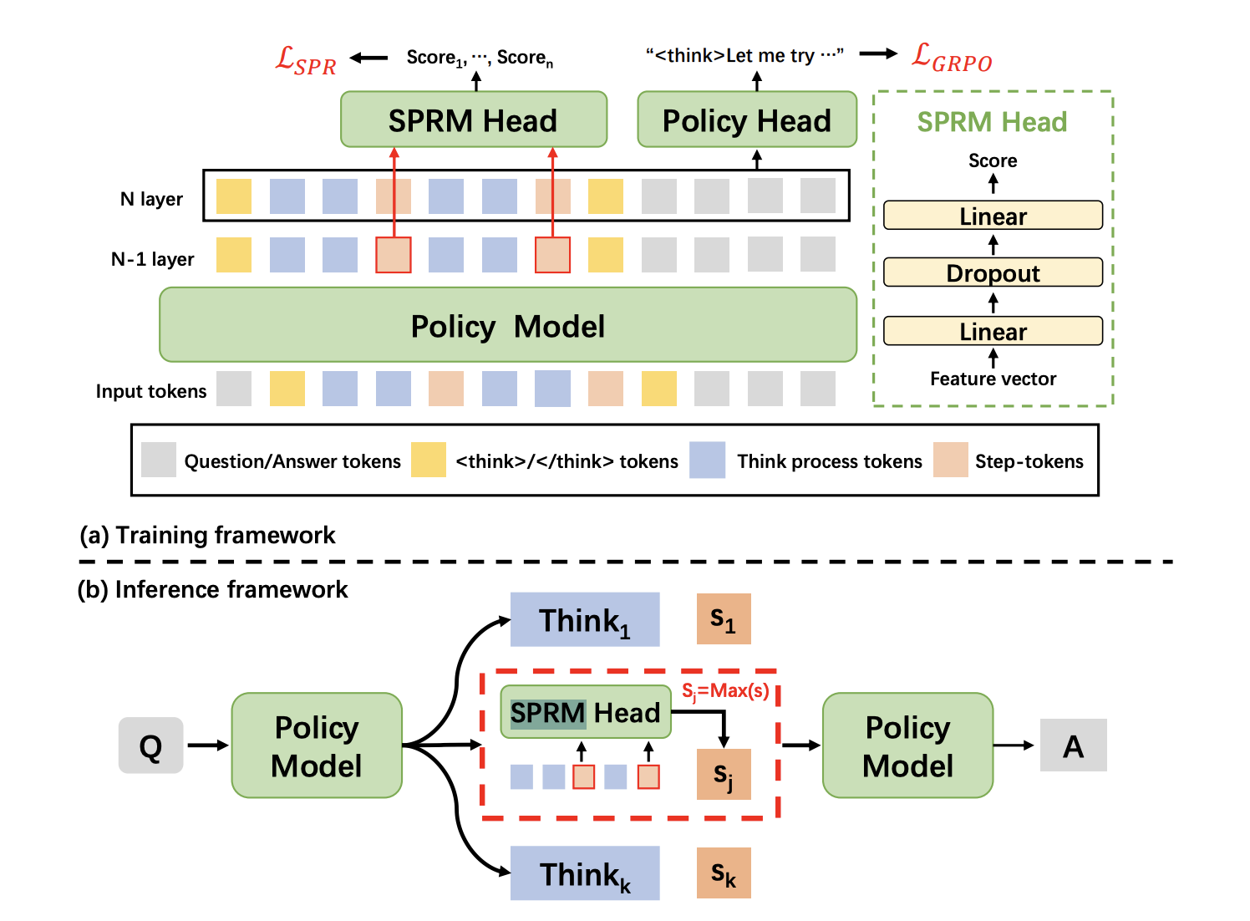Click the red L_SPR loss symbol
pyautogui.click(x=306, y=61)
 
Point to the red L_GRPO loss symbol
pyautogui.click(x=952, y=58)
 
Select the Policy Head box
pyautogui.click(x=747, y=120)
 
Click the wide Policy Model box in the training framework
pyautogui.click(x=508, y=325)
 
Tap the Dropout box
pyautogui.click(x=993, y=273)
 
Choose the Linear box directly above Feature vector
pyautogui.click(x=993, y=331)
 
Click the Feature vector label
pyautogui.click(x=993, y=379)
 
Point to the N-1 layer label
pyautogui.click(x=152, y=259)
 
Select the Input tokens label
pyautogui.click(x=150, y=391)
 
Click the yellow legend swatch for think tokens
pyautogui.click(x=429, y=460)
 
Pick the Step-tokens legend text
pyautogui.click(x=1029, y=461)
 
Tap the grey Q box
pyautogui.click(x=150, y=745)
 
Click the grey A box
pyautogui.click(x=1073, y=745)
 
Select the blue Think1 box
pyautogui.click(x=585, y=619)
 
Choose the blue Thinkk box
pyautogui.click(x=585, y=873)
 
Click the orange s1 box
pyautogui.click(x=724, y=619)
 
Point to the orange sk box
pyautogui.click(x=724, y=873)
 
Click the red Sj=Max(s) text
pyautogui.click(x=725, y=691)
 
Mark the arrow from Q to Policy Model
pyautogui.click(x=207, y=745)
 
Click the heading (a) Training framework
pyautogui.click(x=207, y=535)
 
